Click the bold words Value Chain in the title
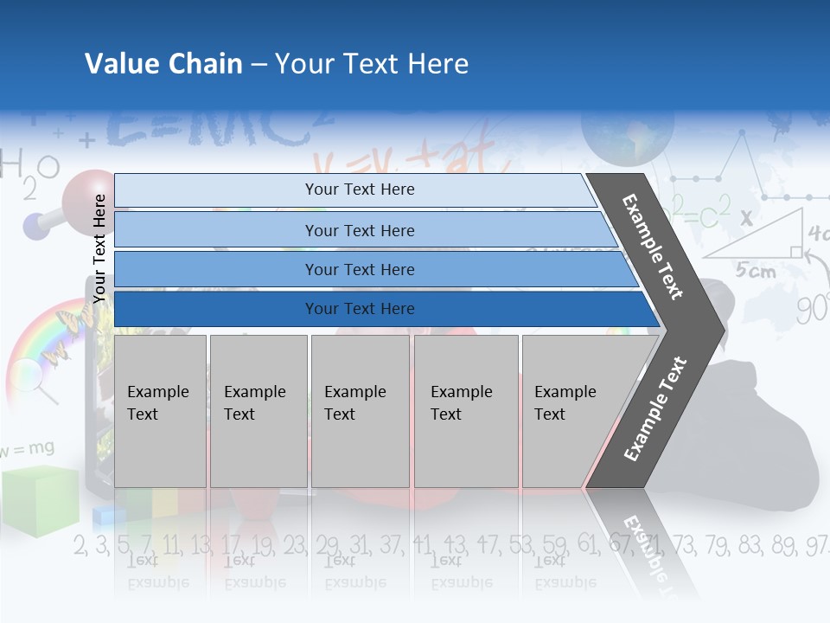[x=163, y=64]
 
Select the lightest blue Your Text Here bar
[x=359, y=189]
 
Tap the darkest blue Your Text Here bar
[x=359, y=309]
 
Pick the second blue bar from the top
[x=359, y=230]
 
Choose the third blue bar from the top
[x=359, y=269]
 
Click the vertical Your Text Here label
[x=99, y=247]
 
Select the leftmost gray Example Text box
[x=160, y=410]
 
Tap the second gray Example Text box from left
[x=258, y=410]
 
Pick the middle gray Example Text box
[x=360, y=410]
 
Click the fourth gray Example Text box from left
[x=465, y=410]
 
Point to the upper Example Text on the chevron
[x=654, y=247]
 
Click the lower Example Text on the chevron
[x=654, y=409]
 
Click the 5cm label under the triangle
[x=755, y=271]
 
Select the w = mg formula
[x=28, y=448]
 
